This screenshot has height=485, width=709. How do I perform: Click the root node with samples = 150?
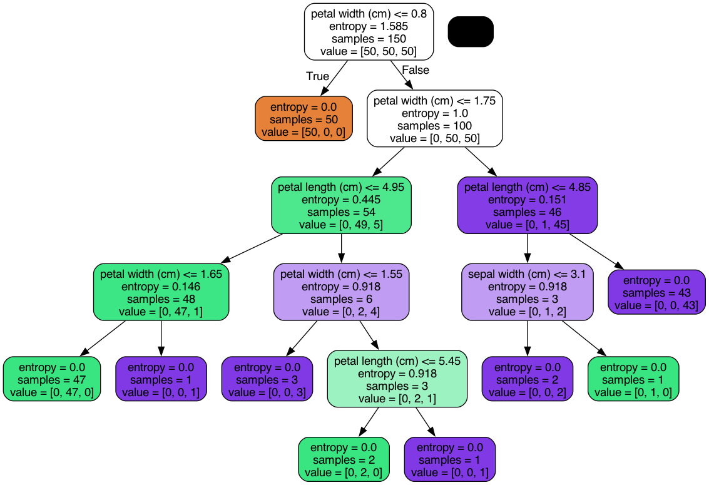(369, 32)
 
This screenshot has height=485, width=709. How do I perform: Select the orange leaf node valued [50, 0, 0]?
(304, 119)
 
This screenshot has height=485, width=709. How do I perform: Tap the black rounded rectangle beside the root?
(471, 31)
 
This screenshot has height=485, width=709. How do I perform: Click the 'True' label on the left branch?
(317, 76)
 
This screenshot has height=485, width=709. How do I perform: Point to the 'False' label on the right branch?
(416, 69)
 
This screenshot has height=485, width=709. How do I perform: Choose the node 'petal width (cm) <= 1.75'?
(435, 118)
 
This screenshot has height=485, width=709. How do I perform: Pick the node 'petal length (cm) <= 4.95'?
(342, 205)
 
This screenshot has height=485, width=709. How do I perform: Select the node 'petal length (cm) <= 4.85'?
(528, 205)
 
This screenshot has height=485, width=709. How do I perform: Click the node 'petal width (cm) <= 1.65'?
(161, 292)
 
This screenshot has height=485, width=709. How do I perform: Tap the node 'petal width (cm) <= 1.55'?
(342, 292)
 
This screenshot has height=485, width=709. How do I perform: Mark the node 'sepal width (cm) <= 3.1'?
(528, 292)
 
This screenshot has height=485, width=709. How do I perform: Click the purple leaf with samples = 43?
(656, 292)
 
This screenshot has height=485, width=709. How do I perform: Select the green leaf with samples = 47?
(51, 379)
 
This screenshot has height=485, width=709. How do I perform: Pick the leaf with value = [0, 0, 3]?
(267, 379)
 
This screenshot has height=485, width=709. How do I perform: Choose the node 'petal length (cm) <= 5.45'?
(397, 379)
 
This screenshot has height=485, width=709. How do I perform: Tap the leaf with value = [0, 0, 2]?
(528, 379)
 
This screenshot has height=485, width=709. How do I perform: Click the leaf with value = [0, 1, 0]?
(633, 379)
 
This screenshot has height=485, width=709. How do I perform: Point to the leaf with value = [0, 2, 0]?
(344, 460)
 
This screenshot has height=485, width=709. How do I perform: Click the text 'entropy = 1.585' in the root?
(369, 26)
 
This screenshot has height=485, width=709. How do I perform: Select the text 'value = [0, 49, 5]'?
(342, 225)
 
